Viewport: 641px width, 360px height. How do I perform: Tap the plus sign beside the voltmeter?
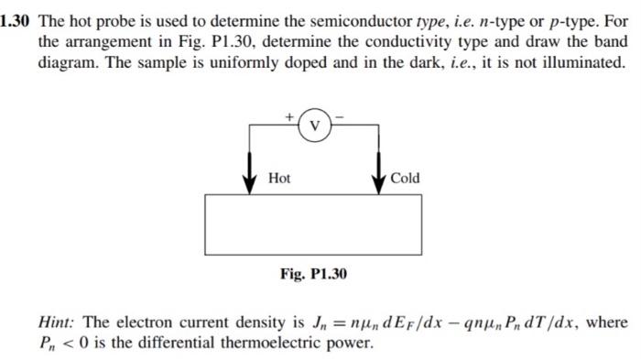click(291, 117)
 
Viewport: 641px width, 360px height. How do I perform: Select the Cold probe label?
click(405, 179)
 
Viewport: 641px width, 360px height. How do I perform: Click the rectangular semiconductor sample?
click(313, 224)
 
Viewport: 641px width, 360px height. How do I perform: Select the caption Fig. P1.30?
click(313, 274)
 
